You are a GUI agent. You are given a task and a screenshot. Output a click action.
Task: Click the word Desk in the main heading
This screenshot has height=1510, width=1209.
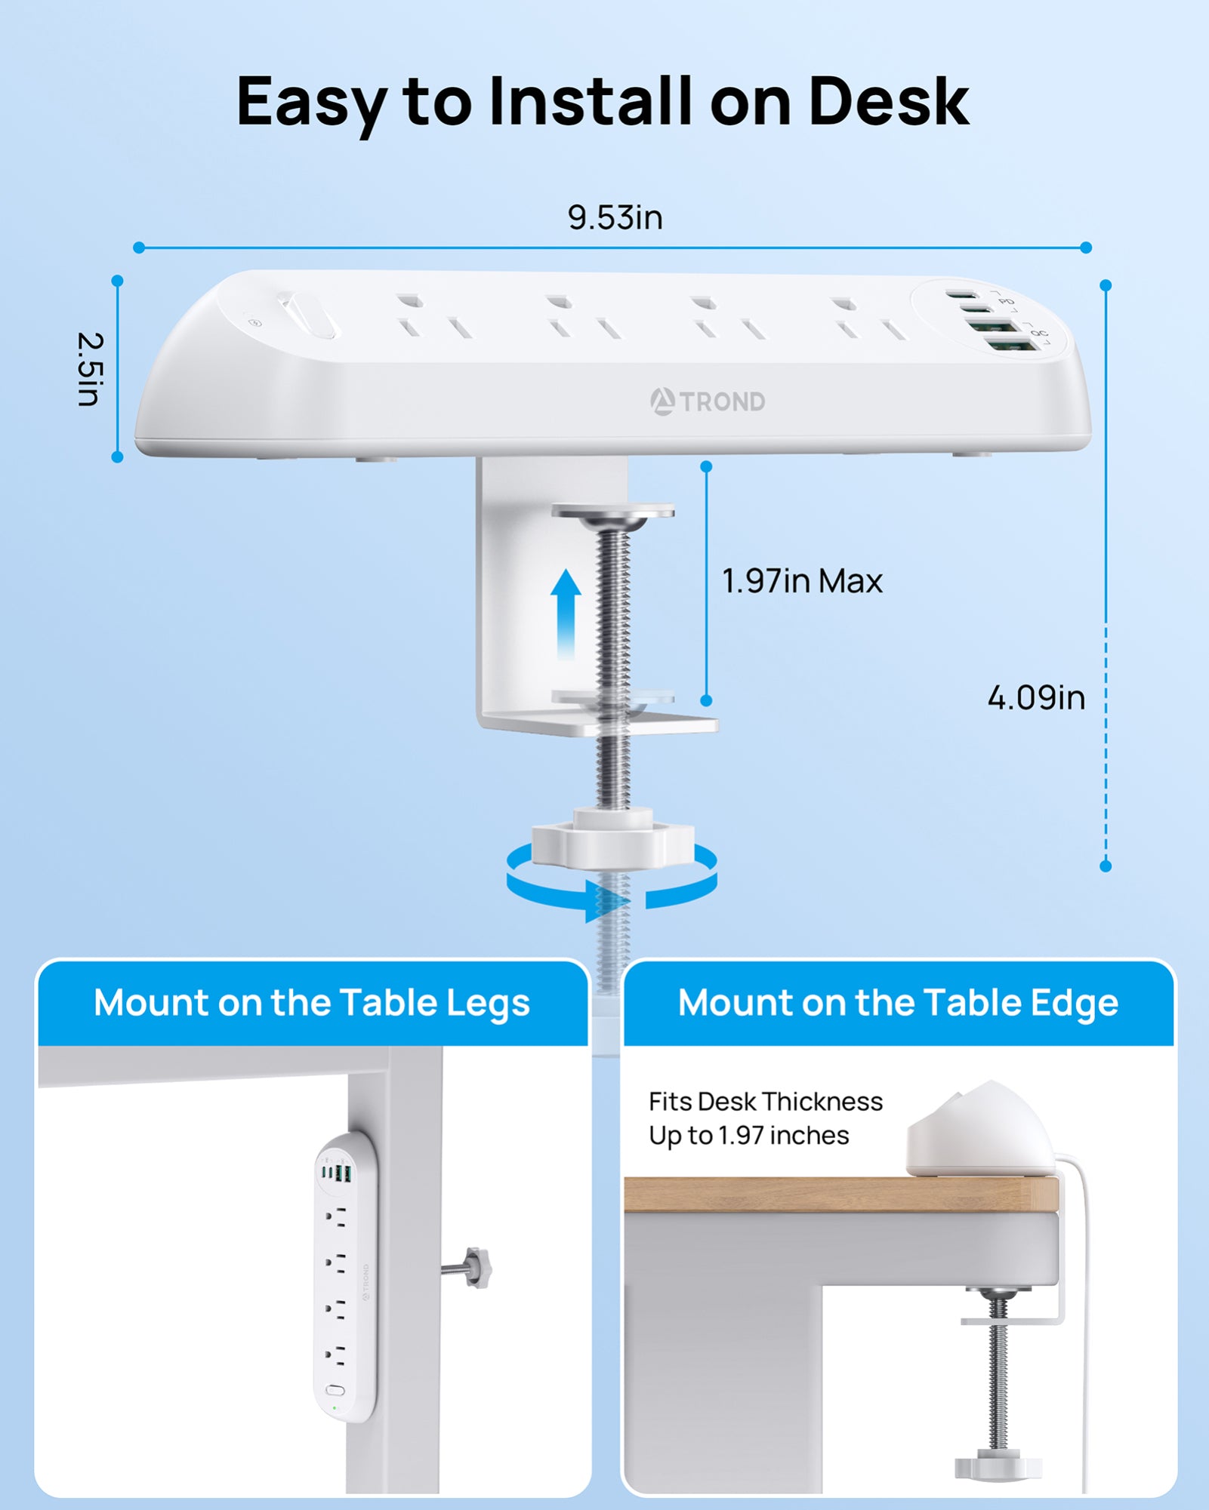pyautogui.click(x=889, y=101)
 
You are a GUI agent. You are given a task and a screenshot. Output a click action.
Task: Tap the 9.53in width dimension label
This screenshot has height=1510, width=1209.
pyautogui.click(x=615, y=217)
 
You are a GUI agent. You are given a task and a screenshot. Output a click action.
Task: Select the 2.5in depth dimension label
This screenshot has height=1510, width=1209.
pyautogui.click(x=89, y=369)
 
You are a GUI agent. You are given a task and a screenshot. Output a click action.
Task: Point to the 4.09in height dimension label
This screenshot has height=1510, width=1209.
pyautogui.click(x=1036, y=697)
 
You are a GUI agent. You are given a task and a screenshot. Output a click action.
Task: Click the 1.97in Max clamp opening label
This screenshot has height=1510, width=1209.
pyautogui.click(x=802, y=581)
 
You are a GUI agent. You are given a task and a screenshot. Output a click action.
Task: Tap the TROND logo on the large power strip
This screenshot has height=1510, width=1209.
pyautogui.click(x=708, y=401)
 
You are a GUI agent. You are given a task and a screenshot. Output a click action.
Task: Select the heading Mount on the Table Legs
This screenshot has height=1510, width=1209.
pyautogui.click(x=312, y=1003)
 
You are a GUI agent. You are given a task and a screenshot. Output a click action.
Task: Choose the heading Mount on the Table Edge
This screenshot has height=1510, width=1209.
pyautogui.click(x=898, y=1003)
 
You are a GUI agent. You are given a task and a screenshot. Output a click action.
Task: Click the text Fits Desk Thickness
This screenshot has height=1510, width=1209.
pyautogui.click(x=766, y=1102)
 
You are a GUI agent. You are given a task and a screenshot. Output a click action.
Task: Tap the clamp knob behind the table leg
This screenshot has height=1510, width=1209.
pyautogui.click(x=477, y=1267)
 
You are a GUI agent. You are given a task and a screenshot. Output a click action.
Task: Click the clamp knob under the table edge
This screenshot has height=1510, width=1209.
pyautogui.click(x=998, y=1466)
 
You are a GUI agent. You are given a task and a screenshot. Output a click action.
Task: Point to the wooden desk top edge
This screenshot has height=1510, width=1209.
pyautogui.click(x=841, y=1195)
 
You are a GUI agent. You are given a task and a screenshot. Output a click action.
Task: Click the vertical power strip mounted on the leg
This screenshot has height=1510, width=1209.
pyautogui.click(x=345, y=1278)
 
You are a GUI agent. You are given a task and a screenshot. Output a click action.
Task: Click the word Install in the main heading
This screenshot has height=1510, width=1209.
pyautogui.click(x=590, y=101)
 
